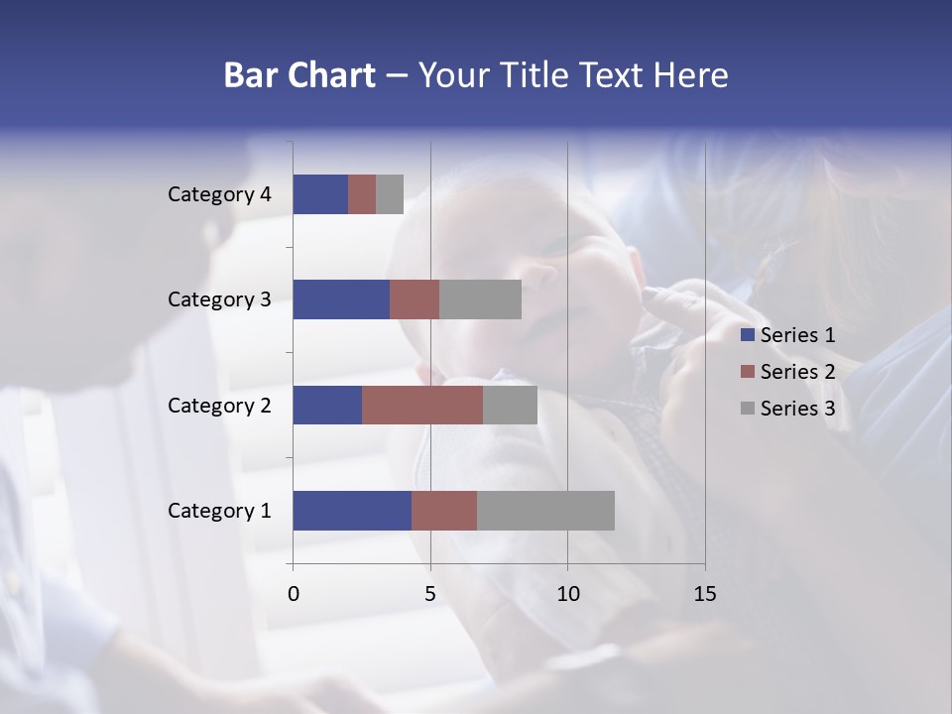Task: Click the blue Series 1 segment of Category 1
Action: click(352, 511)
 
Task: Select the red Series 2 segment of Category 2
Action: click(422, 406)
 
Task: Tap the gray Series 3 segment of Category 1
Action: click(545, 511)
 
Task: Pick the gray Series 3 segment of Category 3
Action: click(480, 299)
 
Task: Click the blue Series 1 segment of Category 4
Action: click(320, 194)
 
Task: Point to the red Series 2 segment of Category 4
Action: click(362, 194)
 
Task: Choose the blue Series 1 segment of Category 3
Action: click(341, 299)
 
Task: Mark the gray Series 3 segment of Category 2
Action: click(510, 406)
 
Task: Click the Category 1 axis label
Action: click(219, 511)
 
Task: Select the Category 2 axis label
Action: click(219, 406)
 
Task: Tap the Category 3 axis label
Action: click(219, 299)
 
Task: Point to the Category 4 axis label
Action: click(219, 194)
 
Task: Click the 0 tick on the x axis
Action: click(294, 594)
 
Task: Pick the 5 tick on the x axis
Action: click(430, 594)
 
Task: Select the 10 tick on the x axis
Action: click(567, 594)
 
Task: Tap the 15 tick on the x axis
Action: click(704, 594)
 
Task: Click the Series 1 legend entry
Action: click(788, 335)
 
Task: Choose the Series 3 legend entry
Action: click(788, 409)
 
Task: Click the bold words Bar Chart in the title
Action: click(299, 75)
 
